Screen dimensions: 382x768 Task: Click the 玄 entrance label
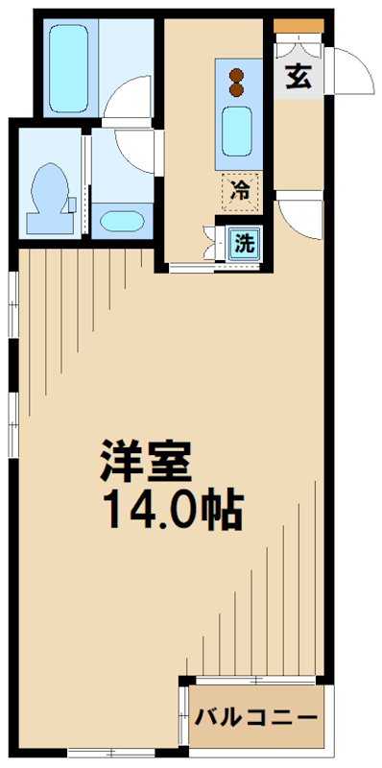(298, 78)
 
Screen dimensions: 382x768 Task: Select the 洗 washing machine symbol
(245, 244)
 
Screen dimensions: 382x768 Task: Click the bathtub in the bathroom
(68, 68)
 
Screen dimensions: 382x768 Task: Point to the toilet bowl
(49, 187)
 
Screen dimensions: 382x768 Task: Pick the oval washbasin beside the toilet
(122, 221)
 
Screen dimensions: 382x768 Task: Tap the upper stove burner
(237, 75)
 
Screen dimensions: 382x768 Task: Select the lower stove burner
(237, 89)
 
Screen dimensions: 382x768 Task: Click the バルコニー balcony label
(255, 718)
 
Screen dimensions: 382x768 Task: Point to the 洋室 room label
(146, 461)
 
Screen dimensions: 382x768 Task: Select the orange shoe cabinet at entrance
(298, 26)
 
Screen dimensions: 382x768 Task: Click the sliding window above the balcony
(255, 680)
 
